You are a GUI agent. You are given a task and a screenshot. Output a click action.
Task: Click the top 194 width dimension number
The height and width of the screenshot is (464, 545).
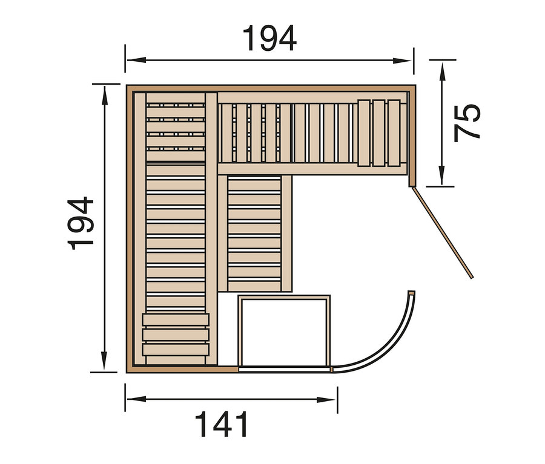tap(269, 39)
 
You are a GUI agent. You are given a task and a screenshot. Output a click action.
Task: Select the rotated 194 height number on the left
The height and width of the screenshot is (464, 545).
tap(81, 223)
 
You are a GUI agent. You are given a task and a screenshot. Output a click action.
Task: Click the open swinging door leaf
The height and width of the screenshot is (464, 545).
tap(442, 232)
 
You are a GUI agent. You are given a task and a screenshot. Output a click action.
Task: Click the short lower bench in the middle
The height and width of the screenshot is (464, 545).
tap(254, 233)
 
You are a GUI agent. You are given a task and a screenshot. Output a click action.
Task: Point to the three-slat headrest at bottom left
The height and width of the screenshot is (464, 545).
tap(176, 335)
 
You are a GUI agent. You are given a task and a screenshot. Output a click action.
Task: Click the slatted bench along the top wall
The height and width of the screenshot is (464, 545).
tap(288, 132)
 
